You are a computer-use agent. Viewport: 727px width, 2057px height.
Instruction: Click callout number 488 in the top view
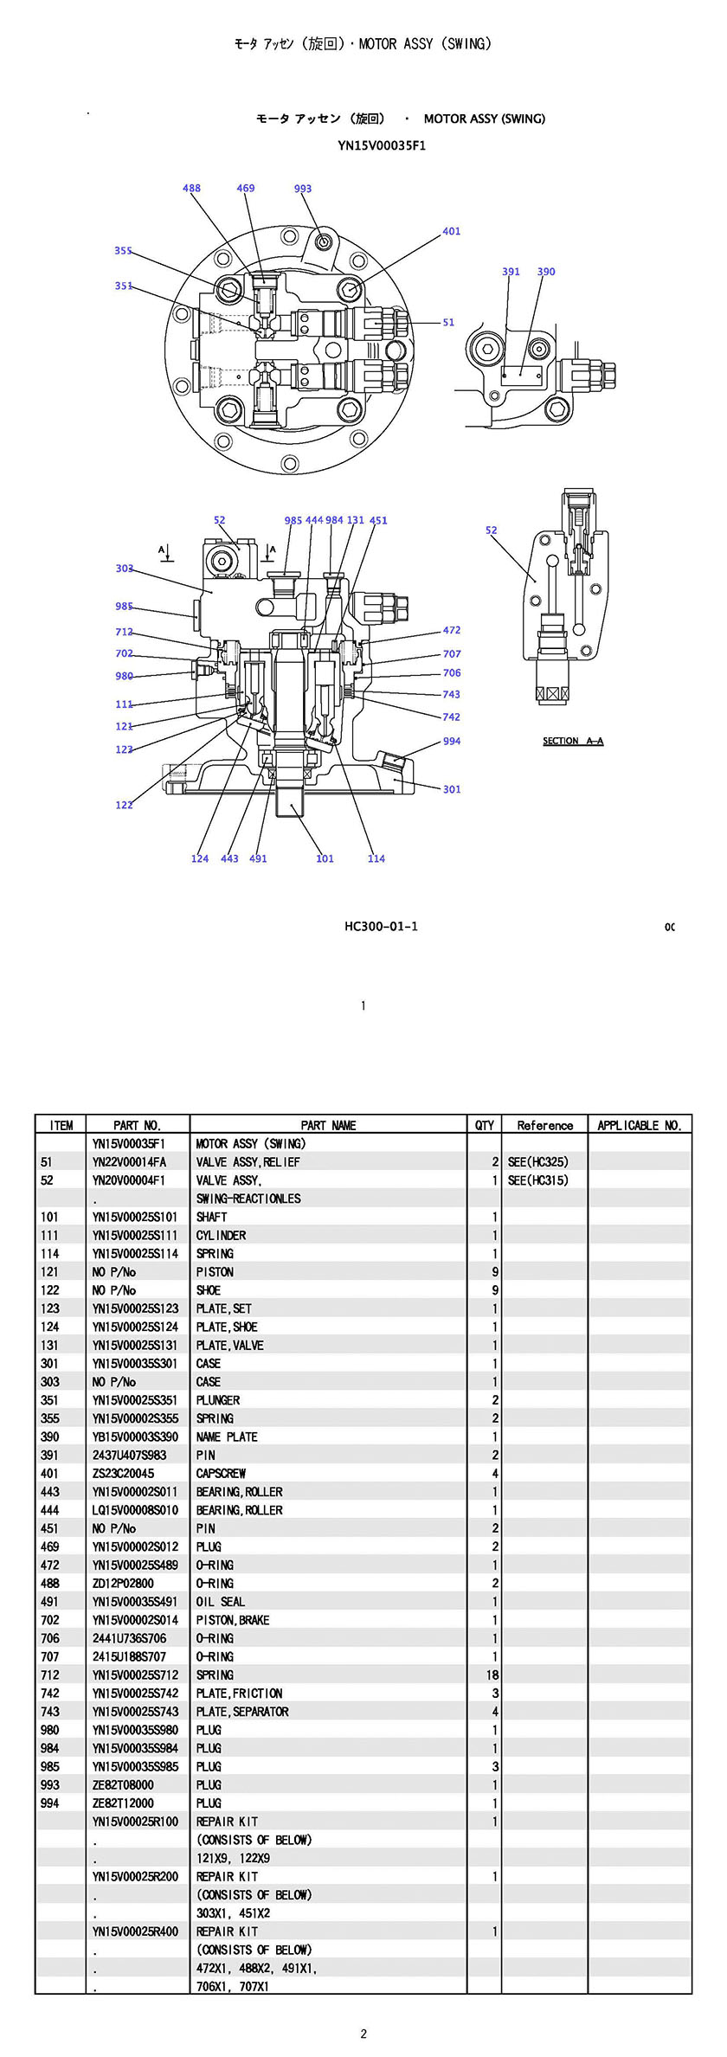191,188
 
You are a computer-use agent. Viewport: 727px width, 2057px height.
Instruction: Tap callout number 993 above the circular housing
303,188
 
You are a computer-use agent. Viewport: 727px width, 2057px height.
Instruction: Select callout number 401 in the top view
452,231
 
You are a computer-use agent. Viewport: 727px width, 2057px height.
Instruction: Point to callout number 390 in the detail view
546,271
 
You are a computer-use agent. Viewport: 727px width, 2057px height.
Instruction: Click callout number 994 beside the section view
452,741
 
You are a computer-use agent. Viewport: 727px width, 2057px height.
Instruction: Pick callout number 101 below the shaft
325,858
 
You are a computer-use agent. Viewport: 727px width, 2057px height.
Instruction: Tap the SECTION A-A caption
573,741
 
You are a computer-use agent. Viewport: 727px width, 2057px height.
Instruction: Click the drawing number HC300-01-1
381,926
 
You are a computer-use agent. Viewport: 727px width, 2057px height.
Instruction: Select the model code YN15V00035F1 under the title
382,145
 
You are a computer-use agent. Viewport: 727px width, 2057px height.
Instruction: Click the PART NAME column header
328,1125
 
